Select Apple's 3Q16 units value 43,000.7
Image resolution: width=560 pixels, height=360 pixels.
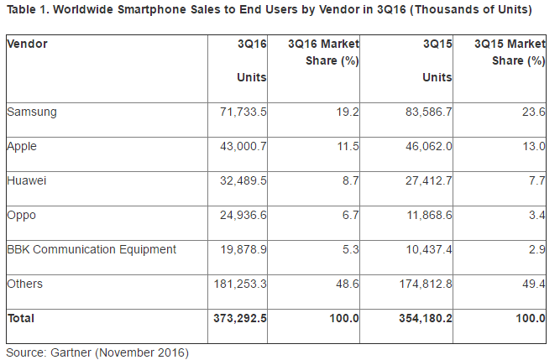[241, 146]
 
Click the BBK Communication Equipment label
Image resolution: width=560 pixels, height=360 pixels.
[91, 249]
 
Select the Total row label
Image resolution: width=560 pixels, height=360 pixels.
[21, 318]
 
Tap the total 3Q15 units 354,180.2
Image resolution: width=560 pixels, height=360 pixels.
[422, 318]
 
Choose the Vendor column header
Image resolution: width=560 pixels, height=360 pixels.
[27, 43]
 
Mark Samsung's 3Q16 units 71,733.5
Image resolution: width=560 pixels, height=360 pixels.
[241, 111]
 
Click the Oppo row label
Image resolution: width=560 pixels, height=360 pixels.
[21, 215]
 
